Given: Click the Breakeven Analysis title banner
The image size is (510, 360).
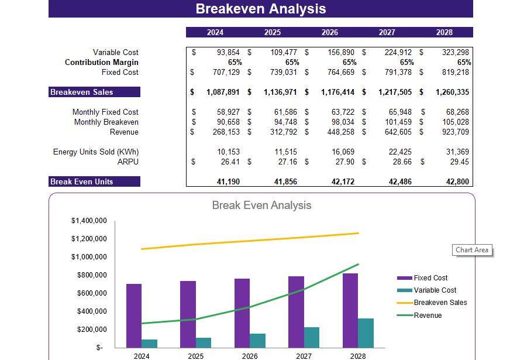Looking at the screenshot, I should pos(261,9).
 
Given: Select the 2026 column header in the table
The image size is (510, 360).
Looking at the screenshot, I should pos(329,32).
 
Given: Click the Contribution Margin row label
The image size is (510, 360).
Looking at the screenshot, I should pos(102,62).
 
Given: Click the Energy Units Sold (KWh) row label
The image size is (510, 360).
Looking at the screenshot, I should pos(96,152).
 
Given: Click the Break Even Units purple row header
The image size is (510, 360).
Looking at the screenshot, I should pos(94,181).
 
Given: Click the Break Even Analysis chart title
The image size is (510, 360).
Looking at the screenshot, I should pos(261,205).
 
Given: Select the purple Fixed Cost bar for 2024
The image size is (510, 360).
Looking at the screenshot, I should pos(134,316).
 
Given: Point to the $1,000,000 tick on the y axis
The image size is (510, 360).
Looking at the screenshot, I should pos(89,257).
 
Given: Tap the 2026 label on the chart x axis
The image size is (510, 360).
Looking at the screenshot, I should pos(249,356).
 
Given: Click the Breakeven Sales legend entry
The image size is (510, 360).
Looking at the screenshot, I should pos(440,303).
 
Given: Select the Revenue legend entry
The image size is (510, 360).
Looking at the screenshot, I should pos(428,316).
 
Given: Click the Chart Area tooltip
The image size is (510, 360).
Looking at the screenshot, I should pos(472,250).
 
